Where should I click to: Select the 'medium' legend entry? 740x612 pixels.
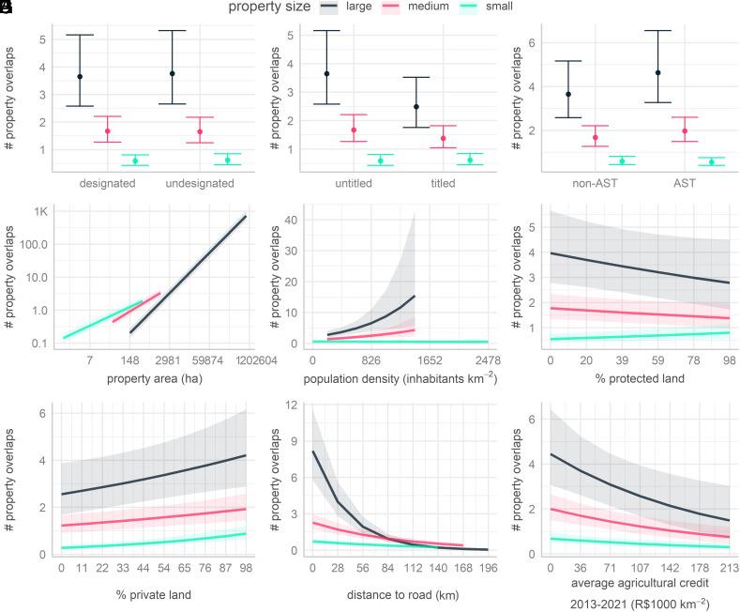tap(415, 8)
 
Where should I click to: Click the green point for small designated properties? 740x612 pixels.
tap(135, 161)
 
